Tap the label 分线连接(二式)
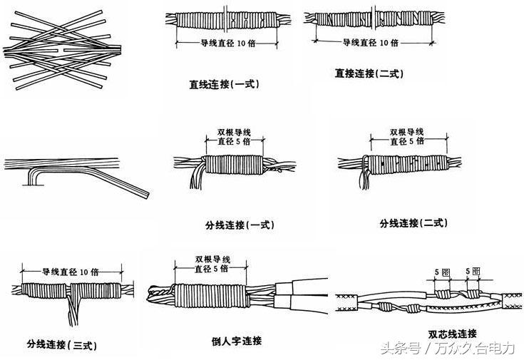pyautogui.click(x=413, y=223)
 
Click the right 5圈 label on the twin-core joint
pyautogui.click(x=471, y=271)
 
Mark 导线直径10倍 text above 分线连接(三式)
pyautogui.click(x=70, y=272)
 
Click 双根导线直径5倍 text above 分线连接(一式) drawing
pyautogui.click(x=233, y=137)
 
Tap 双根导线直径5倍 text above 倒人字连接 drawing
pyautogui.click(x=212, y=263)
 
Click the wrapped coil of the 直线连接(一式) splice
pyautogui.click(x=224, y=21)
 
